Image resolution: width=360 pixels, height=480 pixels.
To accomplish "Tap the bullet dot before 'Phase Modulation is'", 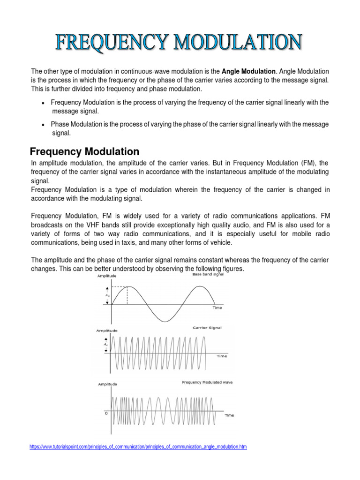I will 43,125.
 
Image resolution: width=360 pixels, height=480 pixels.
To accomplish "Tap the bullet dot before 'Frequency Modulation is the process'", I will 43,103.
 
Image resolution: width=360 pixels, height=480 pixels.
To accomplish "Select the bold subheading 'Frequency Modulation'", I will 84,152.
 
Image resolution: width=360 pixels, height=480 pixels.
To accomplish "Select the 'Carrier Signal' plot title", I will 207,328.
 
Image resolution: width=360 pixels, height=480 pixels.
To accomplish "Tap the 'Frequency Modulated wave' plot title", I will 207,382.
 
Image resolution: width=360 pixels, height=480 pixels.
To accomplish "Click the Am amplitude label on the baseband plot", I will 107,295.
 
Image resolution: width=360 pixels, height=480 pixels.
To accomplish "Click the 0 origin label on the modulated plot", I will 106,413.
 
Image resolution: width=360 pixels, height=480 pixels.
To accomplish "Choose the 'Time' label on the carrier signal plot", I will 222,356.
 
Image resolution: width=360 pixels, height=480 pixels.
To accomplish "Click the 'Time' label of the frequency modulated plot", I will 229,415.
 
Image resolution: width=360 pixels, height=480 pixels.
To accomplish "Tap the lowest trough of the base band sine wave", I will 164,322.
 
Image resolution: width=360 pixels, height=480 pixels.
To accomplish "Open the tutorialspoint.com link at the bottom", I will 138,447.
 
